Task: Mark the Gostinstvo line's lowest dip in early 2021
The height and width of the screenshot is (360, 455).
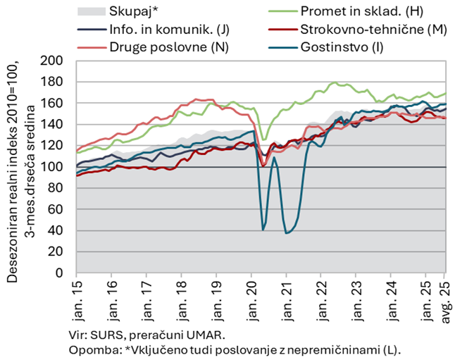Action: [x=287, y=232]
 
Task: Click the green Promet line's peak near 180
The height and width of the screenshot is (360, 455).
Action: [x=334, y=83]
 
